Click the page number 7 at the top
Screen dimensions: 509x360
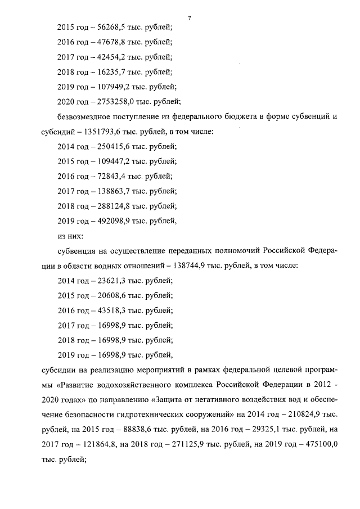(x=190, y=19)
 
